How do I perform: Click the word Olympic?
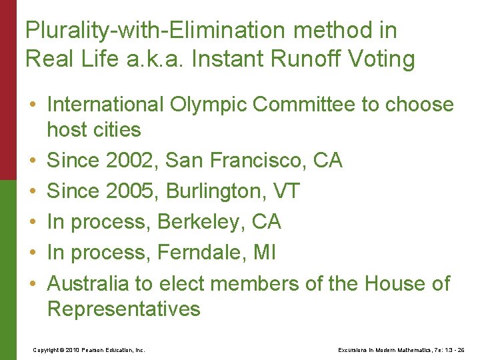203,104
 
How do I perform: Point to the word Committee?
299,104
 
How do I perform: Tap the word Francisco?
246,161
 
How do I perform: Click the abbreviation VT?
287,191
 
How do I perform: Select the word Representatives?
123,309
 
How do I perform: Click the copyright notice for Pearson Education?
89,349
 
